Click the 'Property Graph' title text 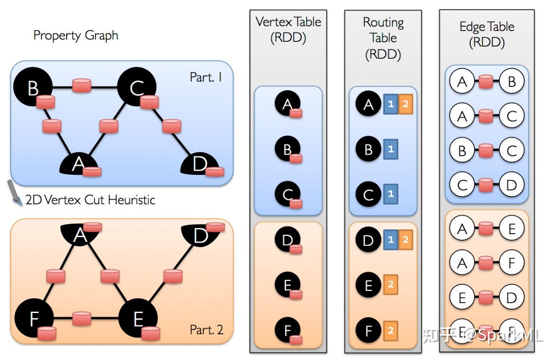(x=76, y=36)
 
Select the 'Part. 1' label (x=206, y=77)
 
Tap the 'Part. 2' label (x=206, y=330)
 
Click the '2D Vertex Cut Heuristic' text (x=90, y=200)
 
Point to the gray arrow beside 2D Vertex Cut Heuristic (x=15, y=193)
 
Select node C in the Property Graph (x=137, y=87)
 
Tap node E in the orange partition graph (x=138, y=320)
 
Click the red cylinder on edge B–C (x=81, y=86)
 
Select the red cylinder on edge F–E (x=81, y=319)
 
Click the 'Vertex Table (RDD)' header (x=288, y=29)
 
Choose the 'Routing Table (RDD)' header (x=383, y=38)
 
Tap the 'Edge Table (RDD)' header (x=487, y=34)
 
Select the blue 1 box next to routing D (x=390, y=240)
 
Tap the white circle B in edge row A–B (x=511, y=82)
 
